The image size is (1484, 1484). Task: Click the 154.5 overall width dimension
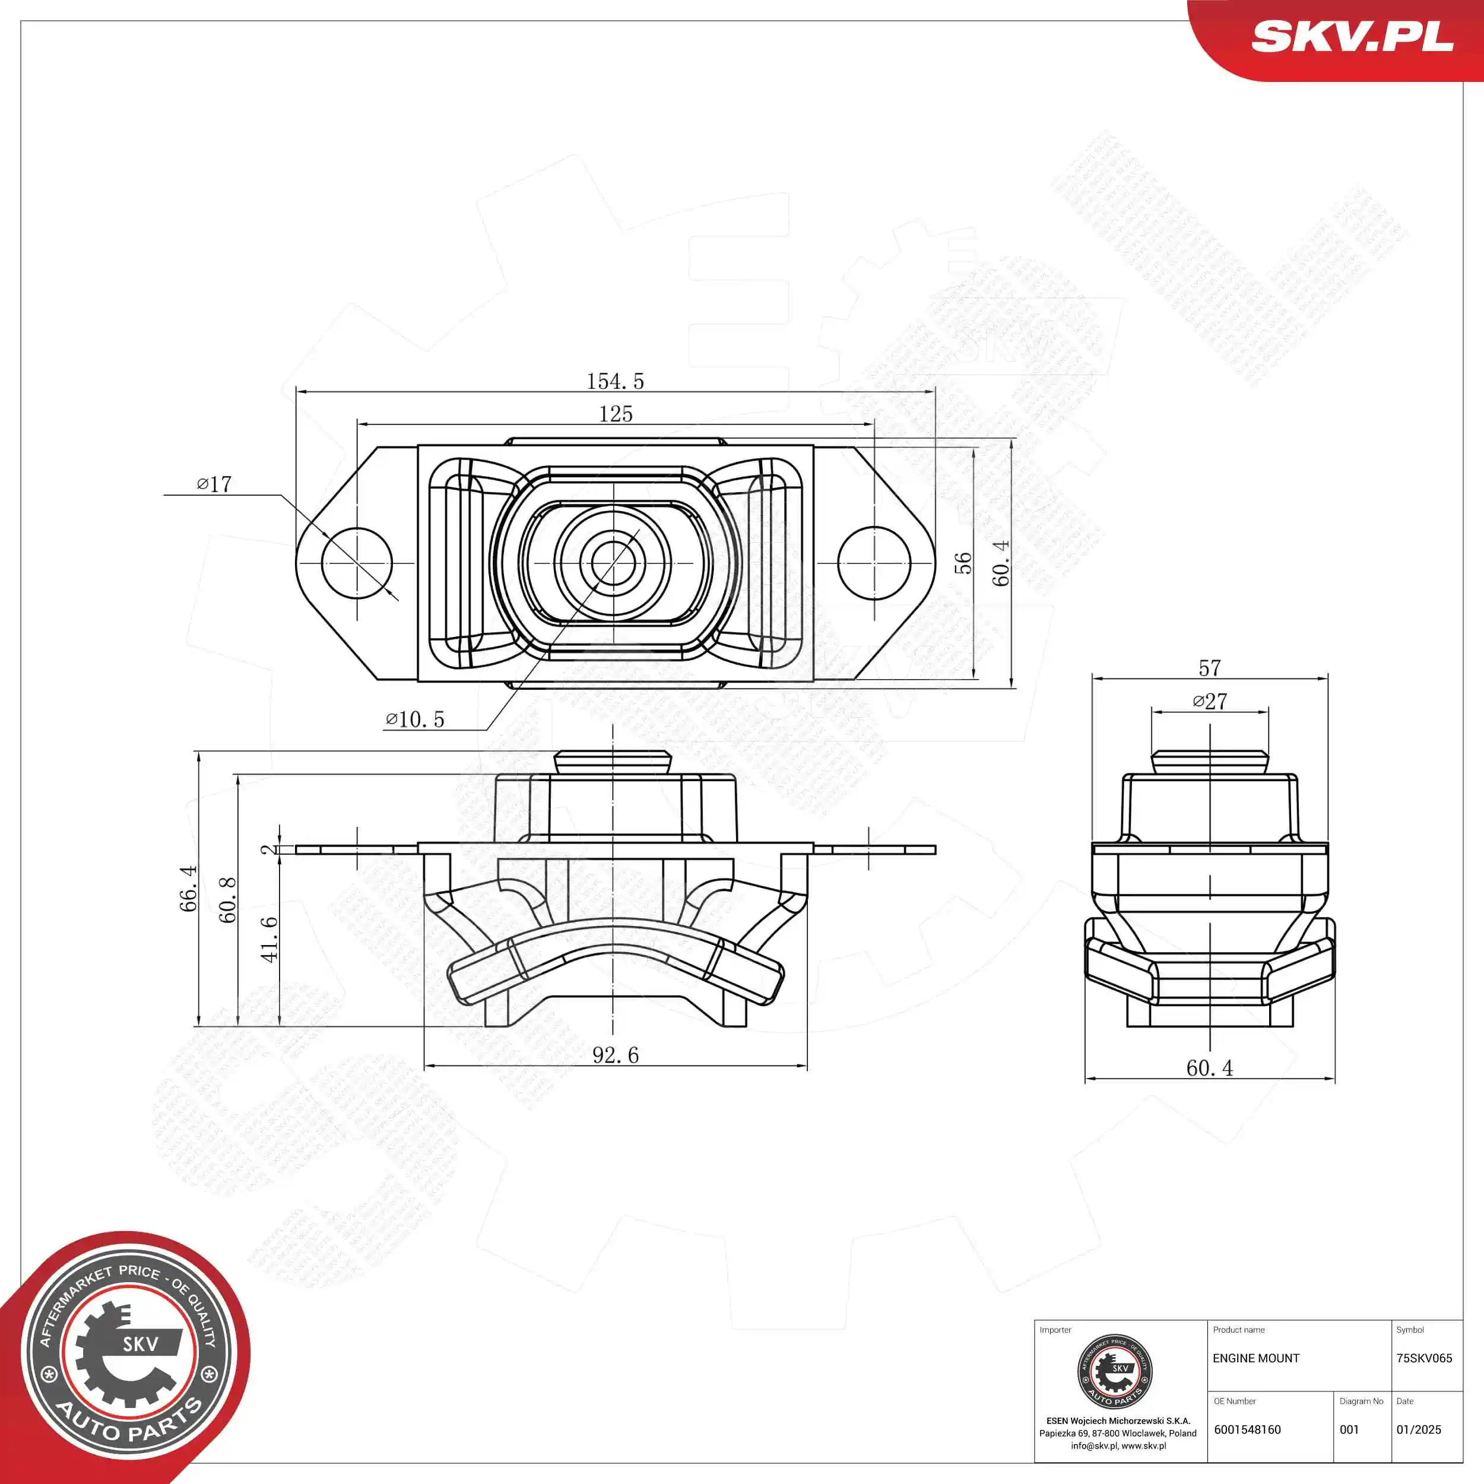[x=615, y=381]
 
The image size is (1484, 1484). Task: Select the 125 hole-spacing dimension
[x=615, y=414]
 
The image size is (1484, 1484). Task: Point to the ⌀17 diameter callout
[x=214, y=484]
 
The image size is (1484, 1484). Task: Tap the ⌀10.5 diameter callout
[x=415, y=719]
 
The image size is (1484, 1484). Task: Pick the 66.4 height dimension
[x=188, y=889]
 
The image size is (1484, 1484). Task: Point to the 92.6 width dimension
[x=615, y=1055]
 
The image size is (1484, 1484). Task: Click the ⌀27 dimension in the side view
[x=1210, y=701]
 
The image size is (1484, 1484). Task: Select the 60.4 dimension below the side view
[x=1210, y=1068]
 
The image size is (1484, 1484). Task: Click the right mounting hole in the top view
[x=874, y=563]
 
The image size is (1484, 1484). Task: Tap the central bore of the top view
[x=613, y=563]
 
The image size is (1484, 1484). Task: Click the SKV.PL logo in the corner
[x=1352, y=36]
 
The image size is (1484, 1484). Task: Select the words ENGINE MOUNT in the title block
[x=1256, y=1358]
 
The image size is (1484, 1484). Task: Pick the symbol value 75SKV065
[x=1424, y=1358]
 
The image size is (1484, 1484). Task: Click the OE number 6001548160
[x=1247, y=1429]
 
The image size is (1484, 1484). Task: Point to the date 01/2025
[x=1419, y=1429]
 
